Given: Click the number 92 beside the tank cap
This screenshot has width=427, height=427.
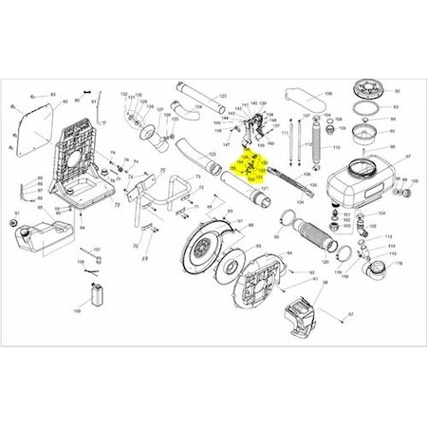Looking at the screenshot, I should click(x=398, y=91).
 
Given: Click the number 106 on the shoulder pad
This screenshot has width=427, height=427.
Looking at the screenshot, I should click(x=329, y=95).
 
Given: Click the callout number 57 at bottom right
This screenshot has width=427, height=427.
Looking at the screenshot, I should click(x=348, y=314).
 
